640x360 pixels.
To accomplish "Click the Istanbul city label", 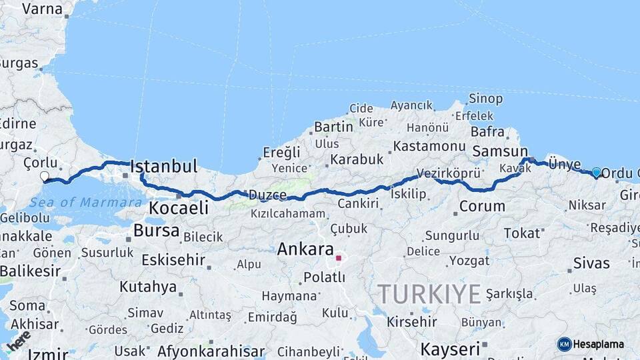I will (x=164, y=167).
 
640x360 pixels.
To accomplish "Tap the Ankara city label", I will (x=305, y=250).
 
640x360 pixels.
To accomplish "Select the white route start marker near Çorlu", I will (x=45, y=177).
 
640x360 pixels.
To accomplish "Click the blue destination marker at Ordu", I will (x=596, y=172).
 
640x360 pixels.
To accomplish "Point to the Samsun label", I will (x=499, y=152).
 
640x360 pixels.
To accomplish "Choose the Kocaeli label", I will (x=178, y=208).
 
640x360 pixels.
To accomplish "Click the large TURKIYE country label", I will (x=429, y=294).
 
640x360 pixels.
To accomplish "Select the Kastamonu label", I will (x=429, y=145).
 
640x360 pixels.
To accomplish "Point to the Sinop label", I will (x=485, y=99).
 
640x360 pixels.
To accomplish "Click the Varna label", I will (x=42, y=9).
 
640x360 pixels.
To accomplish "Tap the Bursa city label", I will (x=156, y=231).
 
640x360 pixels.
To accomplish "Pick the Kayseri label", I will (x=450, y=349).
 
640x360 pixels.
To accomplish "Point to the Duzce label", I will (x=267, y=195).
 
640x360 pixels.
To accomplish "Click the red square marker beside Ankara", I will (x=339, y=258).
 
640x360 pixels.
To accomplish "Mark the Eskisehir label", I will (x=169, y=260).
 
